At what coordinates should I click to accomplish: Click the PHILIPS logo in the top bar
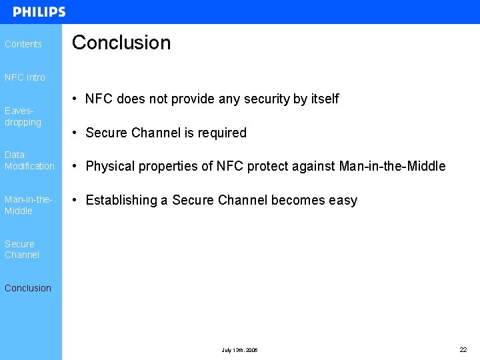coord(39,12)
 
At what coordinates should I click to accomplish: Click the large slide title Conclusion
coord(121,43)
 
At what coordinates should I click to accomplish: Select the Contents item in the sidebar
coord(23,44)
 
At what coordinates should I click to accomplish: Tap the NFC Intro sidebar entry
coord(25,77)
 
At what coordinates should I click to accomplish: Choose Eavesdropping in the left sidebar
coord(23,117)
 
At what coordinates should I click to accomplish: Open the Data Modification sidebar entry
coord(29,160)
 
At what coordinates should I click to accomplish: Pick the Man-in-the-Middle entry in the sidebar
coord(27,205)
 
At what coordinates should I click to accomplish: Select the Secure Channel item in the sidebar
coord(22,249)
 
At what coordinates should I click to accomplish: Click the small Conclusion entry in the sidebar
coord(27,288)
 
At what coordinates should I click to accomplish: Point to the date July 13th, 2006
coord(239,350)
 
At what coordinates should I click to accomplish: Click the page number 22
coord(463,349)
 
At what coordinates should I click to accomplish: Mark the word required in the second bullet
coord(222,133)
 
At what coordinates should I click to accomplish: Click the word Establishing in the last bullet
coord(127,201)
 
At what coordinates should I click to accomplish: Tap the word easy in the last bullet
coord(343,201)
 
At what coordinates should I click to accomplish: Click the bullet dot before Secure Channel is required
coord(77,133)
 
